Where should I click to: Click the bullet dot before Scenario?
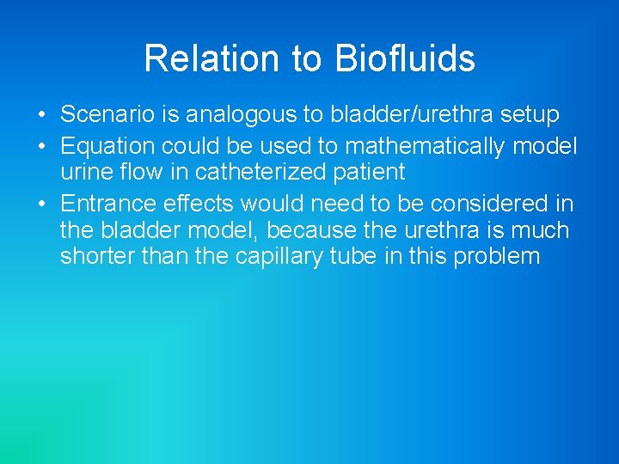(x=41, y=114)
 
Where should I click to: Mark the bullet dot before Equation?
(x=41, y=146)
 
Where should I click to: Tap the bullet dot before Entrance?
(x=41, y=204)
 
